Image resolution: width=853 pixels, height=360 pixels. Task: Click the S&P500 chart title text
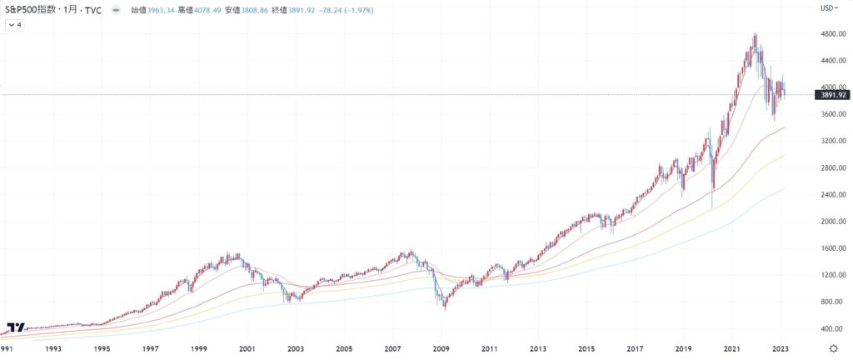pyautogui.click(x=52, y=10)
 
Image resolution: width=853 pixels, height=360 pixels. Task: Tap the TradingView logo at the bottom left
pyautogui.click(x=15, y=327)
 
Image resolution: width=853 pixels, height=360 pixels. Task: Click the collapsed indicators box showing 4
pyautogui.click(x=15, y=26)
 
